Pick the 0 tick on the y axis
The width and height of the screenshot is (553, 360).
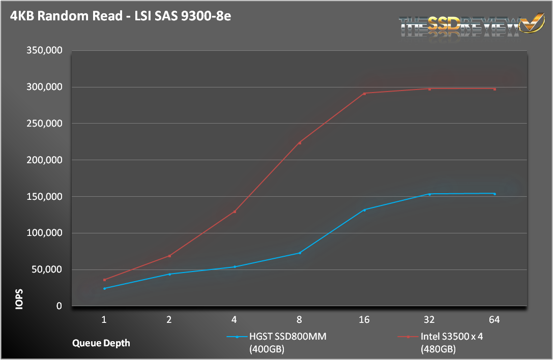(x=59, y=306)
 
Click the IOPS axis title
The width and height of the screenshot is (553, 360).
(x=19, y=300)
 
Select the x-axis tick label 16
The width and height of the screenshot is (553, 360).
(x=364, y=320)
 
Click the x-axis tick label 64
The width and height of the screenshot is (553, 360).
(x=494, y=320)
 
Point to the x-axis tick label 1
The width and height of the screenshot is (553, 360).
(x=104, y=320)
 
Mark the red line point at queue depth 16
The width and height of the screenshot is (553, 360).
(x=364, y=94)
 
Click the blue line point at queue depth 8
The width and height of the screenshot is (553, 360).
(x=300, y=253)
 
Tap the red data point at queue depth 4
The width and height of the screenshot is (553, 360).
(x=235, y=212)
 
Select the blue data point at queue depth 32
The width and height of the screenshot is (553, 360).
(x=429, y=194)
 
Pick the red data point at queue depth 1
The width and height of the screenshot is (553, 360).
(x=104, y=280)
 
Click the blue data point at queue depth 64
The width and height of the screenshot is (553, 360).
(x=494, y=194)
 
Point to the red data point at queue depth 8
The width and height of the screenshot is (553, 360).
(x=300, y=143)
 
